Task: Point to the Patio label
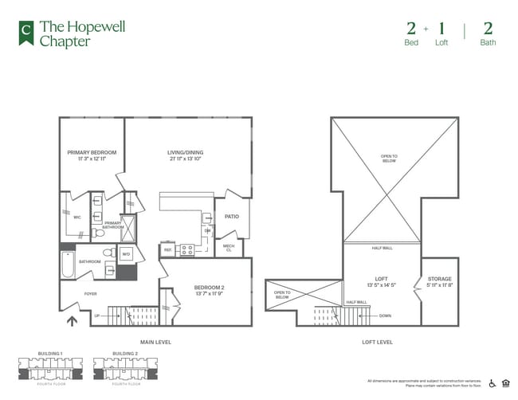232,216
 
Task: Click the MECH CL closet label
229,248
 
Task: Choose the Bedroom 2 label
210,289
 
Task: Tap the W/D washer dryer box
126,255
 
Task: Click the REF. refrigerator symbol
168,250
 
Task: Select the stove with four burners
187,249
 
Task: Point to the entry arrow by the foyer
71,322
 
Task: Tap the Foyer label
90,294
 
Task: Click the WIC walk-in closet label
77,217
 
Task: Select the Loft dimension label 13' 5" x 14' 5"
381,284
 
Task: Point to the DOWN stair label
385,316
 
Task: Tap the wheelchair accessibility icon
491,382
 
